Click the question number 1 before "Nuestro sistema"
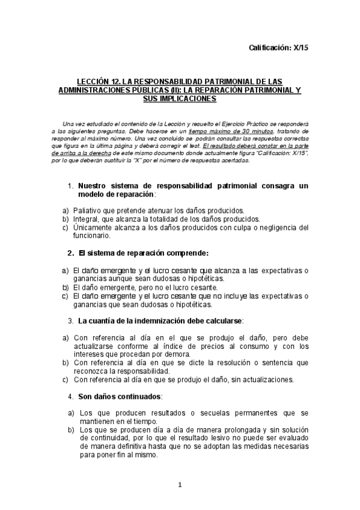pos(70,186)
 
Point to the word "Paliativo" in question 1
pos(88,210)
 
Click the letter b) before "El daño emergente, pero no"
pos(66,287)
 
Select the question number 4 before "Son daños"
pos(71,397)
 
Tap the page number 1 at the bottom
pos(180,485)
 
